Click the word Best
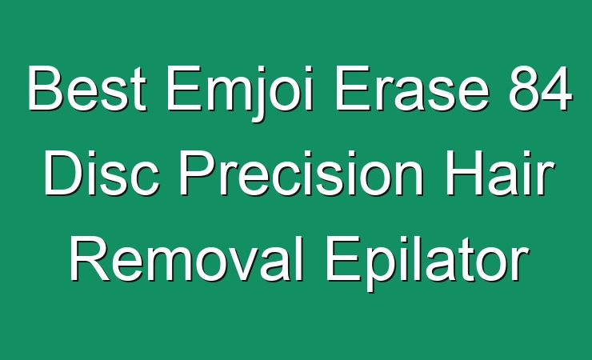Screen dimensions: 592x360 click(87, 88)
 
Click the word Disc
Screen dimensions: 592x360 click(102, 173)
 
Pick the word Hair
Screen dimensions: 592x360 click(500, 173)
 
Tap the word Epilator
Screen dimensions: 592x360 click(426, 263)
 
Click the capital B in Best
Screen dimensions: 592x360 click(45, 88)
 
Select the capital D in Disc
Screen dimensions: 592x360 click(63, 173)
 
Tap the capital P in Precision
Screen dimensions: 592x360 click(198, 173)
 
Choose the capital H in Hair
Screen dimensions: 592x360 click(464, 173)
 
